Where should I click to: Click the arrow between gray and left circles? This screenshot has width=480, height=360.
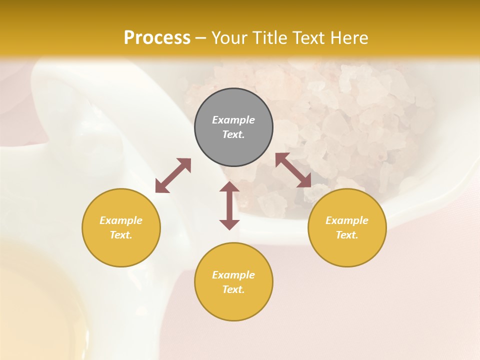(x=173, y=175)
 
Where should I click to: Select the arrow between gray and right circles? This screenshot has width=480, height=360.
(x=293, y=170)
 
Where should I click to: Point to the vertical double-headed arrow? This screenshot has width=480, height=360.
(x=229, y=205)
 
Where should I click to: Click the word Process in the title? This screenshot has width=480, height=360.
(x=157, y=37)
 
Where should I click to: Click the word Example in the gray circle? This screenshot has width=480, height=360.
(x=233, y=120)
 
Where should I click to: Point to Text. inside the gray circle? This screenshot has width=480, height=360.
(x=233, y=135)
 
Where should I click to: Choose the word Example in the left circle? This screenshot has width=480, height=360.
(x=121, y=220)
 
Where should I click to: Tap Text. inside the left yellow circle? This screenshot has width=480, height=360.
(x=121, y=235)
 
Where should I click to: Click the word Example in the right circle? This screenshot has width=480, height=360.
(x=347, y=220)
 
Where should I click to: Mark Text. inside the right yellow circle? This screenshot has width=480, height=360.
(x=347, y=235)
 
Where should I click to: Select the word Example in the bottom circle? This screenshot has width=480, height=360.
(x=233, y=275)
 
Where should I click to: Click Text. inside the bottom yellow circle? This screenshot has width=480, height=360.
(x=233, y=290)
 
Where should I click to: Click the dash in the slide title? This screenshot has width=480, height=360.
(x=200, y=38)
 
